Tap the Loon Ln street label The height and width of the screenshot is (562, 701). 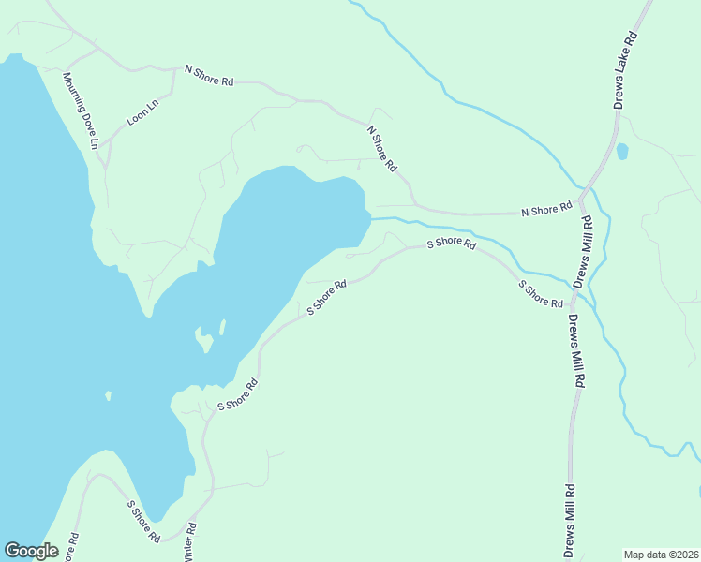pyautogui.click(x=143, y=112)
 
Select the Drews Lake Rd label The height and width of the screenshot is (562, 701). pyautogui.click(x=625, y=70)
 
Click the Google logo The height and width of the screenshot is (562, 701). pyautogui.click(x=31, y=551)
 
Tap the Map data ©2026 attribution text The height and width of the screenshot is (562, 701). pyautogui.click(x=661, y=555)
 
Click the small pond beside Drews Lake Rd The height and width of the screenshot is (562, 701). pyautogui.click(x=621, y=151)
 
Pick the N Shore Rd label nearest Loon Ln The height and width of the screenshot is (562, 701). pyautogui.click(x=209, y=75)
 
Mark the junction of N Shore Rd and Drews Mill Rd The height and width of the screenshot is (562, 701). pyautogui.click(x=581, y=201)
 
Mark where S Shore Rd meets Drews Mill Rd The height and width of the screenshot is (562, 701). pyautogui.click(x=573, y=305)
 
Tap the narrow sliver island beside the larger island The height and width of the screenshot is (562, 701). pyautogui.click(x=222, y=327)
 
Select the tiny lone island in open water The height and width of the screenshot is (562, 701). pyautogui.click(x=108, y=396)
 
